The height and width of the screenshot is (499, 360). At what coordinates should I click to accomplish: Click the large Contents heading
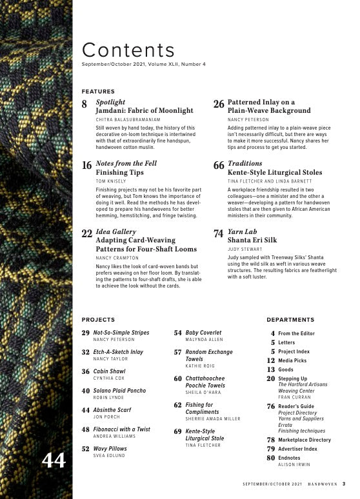click(x=128, y=50)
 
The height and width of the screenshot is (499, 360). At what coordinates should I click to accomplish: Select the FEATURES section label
click(x=98, y=92)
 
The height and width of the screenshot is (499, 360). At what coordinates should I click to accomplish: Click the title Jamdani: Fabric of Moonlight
click(x=145, y=111)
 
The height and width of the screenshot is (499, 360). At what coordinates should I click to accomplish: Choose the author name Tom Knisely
click(x=110, y=182)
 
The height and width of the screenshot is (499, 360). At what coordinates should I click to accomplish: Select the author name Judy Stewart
click(x=245, y=248)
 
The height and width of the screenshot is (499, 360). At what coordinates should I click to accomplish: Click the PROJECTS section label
click(x=98, y=320)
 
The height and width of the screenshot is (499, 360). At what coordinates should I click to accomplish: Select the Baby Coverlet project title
click(x=203, y=333)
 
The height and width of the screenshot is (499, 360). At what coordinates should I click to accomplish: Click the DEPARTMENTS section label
click(x=290, y=320)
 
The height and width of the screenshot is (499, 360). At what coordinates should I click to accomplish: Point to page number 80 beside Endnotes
click(x=270, y=458)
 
